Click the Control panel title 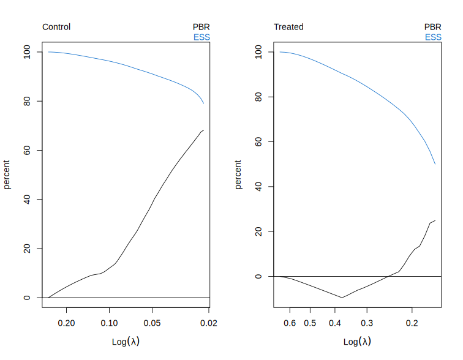(x=56, y=27)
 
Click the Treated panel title (x=288, y=27)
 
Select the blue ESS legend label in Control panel (x=201, y=37)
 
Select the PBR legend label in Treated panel (x=433, y=27)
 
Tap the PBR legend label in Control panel (x=201, y=27)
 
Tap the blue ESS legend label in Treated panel (x=433, y=37)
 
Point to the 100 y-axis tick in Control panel (x=26, y=52)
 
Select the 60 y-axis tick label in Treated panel (x=258, y=142)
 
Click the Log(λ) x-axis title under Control (x=126, y=341)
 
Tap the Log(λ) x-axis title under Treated (x=357, y=341)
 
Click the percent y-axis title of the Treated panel (x=239, y=174)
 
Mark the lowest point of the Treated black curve (x=342, y=298)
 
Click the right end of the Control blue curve (x=204, y=103)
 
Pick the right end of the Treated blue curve (x=435, y=164)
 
